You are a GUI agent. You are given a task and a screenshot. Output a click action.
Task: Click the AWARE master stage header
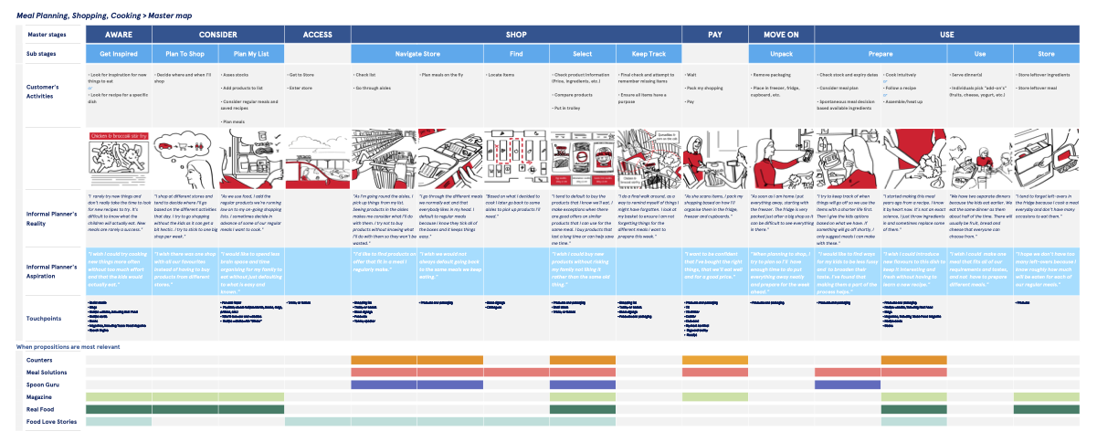[x=119, y=35]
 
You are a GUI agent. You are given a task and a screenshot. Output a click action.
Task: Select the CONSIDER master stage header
[x=217, y=35]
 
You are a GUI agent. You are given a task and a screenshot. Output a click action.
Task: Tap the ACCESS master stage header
[x=316, y=35]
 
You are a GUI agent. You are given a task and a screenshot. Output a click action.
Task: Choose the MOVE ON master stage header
[x=780, y=35]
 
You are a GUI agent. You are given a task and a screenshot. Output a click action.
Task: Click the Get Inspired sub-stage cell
[x=119, y=54]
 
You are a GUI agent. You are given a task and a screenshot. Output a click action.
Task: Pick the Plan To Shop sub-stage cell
[x=185, y=54]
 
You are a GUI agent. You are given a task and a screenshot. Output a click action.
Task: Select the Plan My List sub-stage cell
[x=250, y=54]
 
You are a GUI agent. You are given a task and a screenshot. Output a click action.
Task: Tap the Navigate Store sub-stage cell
[x=416, y=54]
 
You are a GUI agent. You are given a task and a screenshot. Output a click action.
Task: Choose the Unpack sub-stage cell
[x=780, y=54]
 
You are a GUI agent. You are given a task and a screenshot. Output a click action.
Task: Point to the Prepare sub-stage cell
[x=880, y=54]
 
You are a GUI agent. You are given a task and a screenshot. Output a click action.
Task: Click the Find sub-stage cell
[x=515, y=54]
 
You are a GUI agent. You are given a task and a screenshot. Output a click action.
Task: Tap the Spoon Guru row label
[x=42, y=384]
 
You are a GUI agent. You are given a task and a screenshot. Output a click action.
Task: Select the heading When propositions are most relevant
[x=69, y=348]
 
